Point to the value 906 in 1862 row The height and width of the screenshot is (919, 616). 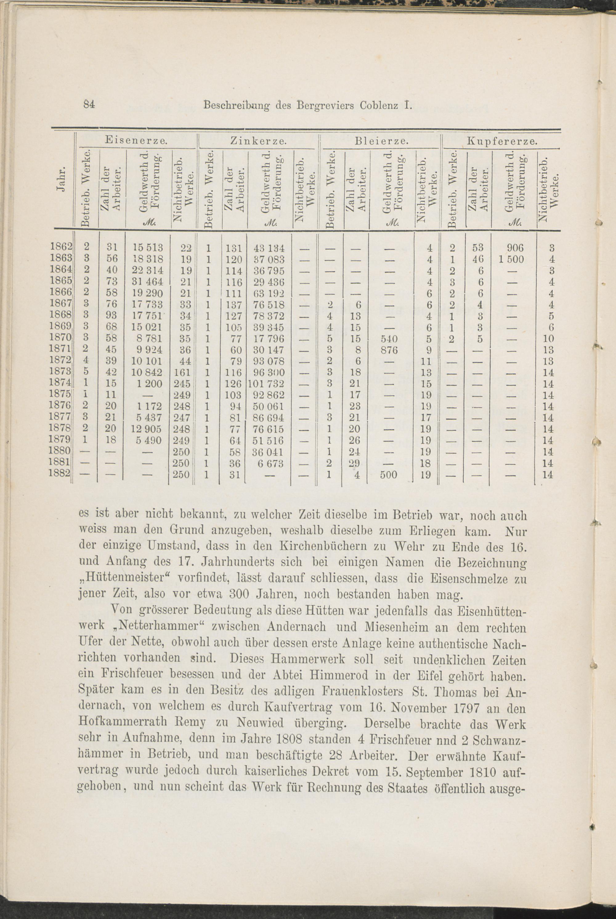click(515, 248)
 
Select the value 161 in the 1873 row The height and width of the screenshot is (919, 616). click(182, 372)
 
